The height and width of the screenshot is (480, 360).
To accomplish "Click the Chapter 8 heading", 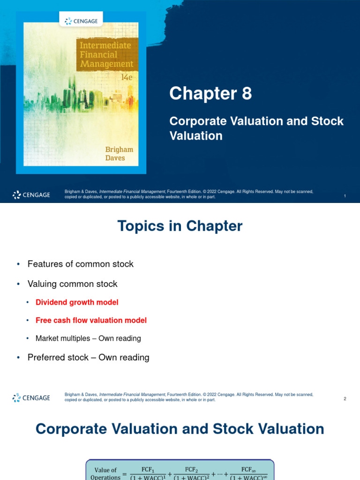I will click(210, 94).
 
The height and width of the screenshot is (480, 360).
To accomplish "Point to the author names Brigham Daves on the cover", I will click(119, 154).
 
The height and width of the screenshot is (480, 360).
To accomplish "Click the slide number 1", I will click(345, 196).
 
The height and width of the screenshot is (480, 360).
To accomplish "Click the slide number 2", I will click(345, 399).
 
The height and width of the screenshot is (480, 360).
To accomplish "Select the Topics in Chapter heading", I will click(180, 226).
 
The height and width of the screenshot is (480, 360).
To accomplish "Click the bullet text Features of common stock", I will click(80, 264).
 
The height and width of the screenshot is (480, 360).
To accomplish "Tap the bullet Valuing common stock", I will click(72, 284).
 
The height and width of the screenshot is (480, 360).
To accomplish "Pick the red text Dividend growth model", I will click(77, 302).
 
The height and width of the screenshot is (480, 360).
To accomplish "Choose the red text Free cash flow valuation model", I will click(91, 320).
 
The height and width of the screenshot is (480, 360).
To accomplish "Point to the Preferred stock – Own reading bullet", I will click(88, 358).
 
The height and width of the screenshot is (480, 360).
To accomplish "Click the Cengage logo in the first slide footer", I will click(31, 195).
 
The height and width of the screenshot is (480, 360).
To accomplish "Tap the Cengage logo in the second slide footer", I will click(31, 398).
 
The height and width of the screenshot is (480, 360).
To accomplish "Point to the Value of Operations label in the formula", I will click(105, 473).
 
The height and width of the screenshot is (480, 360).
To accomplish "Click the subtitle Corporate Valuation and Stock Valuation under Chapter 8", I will click(256, 128).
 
